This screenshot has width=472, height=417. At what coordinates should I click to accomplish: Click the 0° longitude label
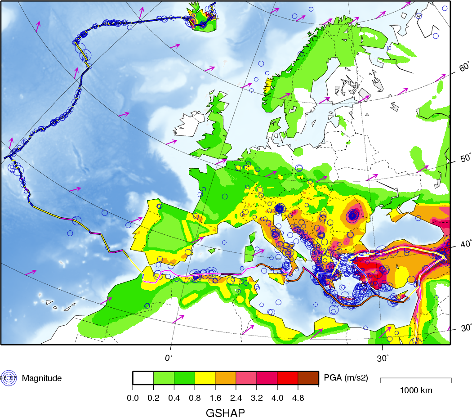(169, 358)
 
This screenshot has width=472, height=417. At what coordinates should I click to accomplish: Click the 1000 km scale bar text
(416, 390)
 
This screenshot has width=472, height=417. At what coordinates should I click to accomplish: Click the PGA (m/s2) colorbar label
(346, 378)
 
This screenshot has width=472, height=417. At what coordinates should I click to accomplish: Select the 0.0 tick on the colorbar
(133, 398)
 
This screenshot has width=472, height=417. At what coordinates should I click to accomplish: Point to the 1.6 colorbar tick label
(215, 398)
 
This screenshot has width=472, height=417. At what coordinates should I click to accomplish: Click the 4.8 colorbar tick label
(298, 398)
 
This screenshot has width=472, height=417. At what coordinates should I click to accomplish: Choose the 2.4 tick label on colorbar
(236, 398)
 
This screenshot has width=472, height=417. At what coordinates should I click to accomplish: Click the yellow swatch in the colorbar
(205, 378)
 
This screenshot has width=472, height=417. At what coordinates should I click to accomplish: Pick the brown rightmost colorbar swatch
(308, 378)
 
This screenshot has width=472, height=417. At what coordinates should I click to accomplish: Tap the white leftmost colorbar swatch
(143, 378)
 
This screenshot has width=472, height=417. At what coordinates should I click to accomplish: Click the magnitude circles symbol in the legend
(8, 378)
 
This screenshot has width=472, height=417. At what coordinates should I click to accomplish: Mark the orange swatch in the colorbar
(226, 378)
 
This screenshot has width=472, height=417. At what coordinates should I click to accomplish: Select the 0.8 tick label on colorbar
(195, 398)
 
